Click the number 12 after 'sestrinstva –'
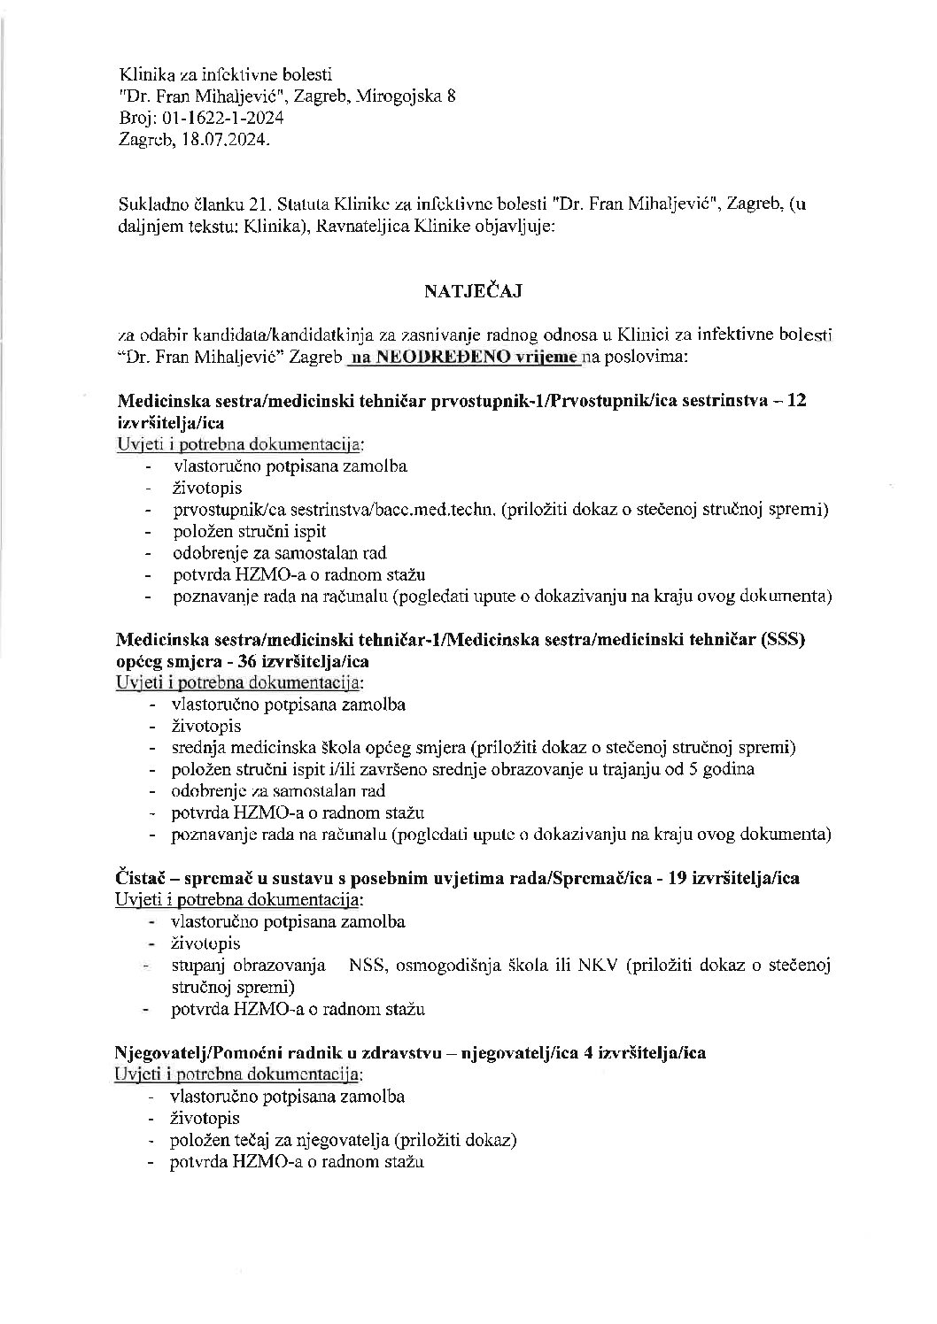[796, 400]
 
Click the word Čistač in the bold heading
[142, 878]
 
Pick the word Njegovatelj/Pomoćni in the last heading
[200, 1053]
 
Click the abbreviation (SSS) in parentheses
[782, 640]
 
